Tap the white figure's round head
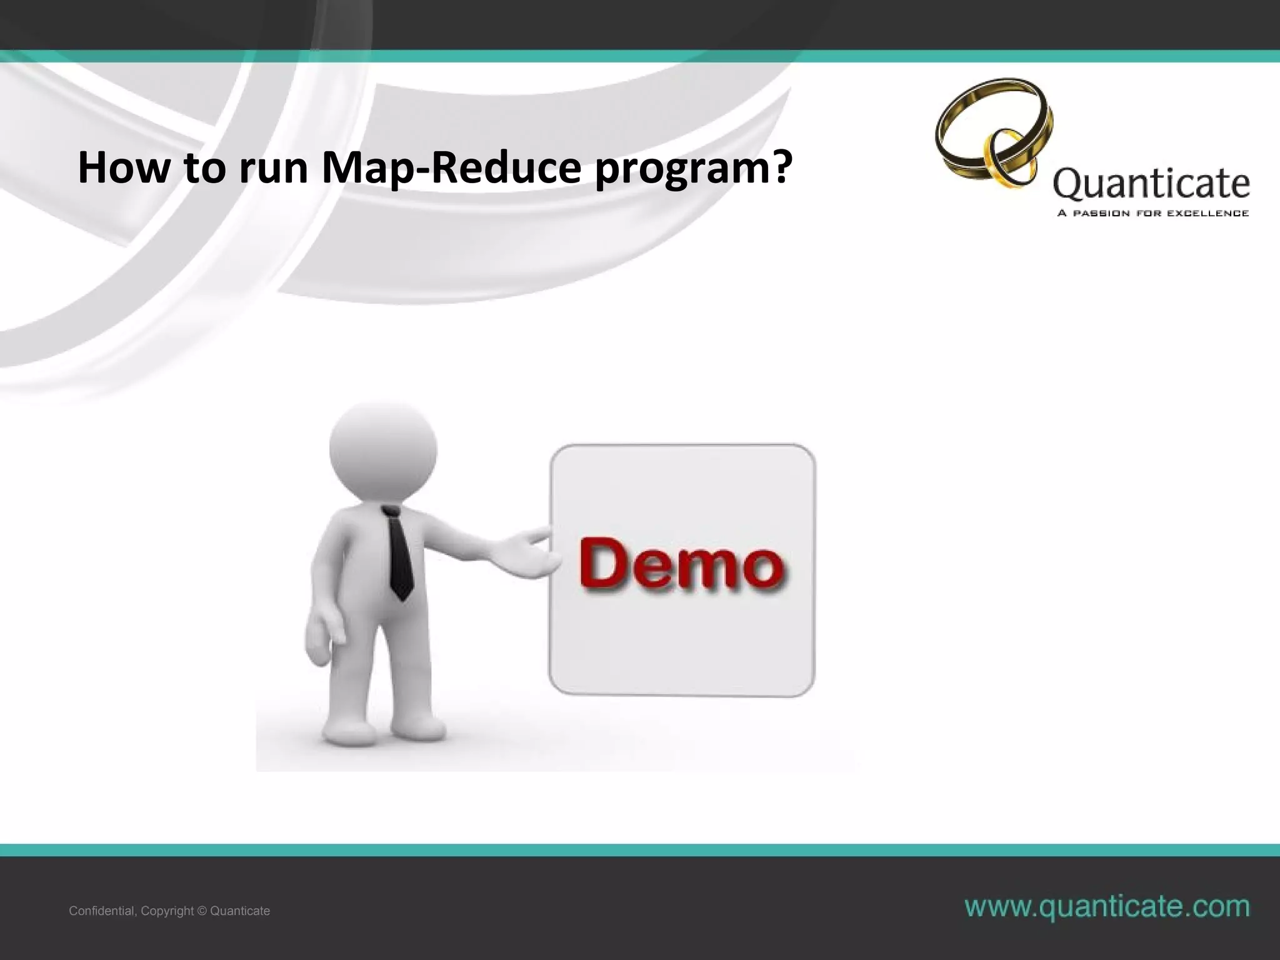[x=383, y=449]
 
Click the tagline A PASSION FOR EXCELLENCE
[x=1152, y=213]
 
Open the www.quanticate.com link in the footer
[x=1107, y=906]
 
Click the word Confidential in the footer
[x=101, y=911]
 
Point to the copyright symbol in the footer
[x=201, y=911]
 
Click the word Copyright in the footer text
[x=167, y=911]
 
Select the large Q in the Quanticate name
[x=1067, y=185]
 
